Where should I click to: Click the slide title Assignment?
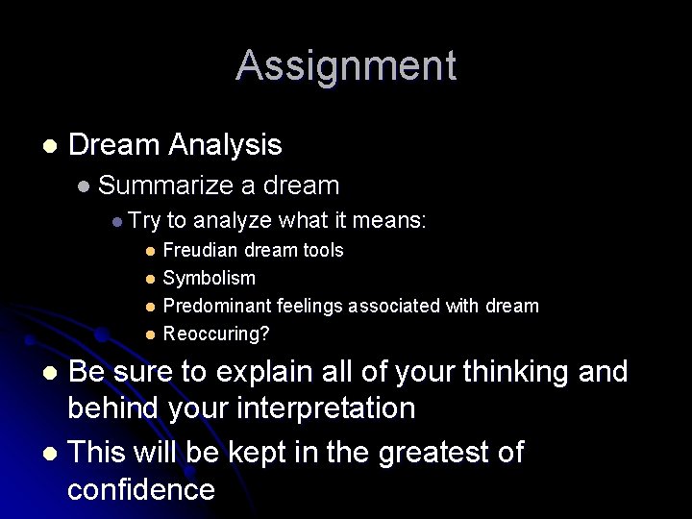[x=346, y=65]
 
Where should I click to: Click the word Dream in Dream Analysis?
[x=114, y=145]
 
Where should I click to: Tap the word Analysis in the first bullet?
[x=225, y=145]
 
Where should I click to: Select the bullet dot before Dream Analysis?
[x=49, y=146]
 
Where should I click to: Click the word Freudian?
[x=200, y=251]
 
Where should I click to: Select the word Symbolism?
[x=209, y=279]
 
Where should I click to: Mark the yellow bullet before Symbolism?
[x=150, y=280]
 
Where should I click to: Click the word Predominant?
[x=217, y=307]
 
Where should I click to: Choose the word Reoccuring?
[x=216, y=334]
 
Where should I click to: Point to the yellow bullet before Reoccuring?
[x=150, y=335]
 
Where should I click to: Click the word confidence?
[x=141, y=489]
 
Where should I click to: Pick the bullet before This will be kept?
[x=49, y=453]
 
